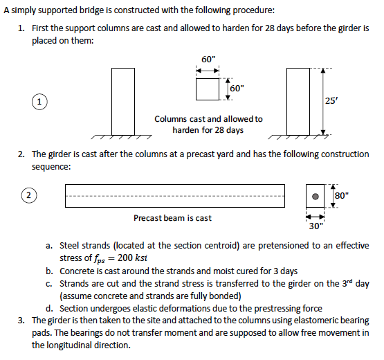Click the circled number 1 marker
pyautogui.click(x=42, y=101)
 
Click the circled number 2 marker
pyautogui.click(x=28, y=195)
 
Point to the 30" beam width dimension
pyautogui.click(x=316, y=226)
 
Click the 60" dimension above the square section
pyautogui.click(x=208, y=60)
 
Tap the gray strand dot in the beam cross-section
pyautogui.click(x=316, y=196)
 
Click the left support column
pyautogui.click(x=123, y=101)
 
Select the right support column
pyautogui.click(x=298, y=101)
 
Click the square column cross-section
pyautogui.click(x=208, y=89)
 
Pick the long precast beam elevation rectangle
pyautogui.click(x=174, y=195)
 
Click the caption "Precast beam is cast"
pyautogui.click(x=172, y=218)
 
